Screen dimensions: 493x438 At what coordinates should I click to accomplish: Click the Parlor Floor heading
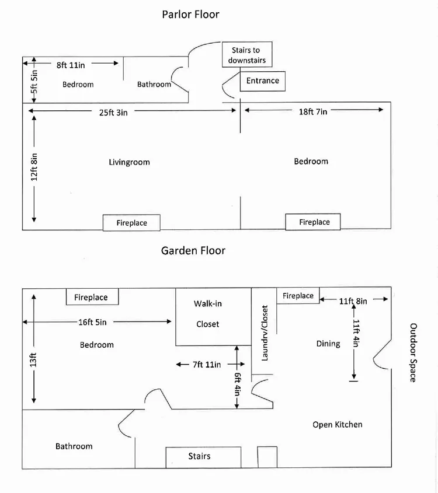[x=190, y=14]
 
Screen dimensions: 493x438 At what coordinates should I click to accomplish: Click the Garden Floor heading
[x=193, y=250]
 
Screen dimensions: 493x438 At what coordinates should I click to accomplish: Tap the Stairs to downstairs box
[x=246, y=55]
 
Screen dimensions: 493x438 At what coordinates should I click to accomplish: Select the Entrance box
[x=262, y=81]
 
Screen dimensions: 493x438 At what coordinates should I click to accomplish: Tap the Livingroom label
[x=129, y=162]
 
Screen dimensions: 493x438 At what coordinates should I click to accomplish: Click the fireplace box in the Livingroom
[x=131, y=223]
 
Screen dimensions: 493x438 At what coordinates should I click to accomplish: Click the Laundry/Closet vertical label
[x=265, y=333]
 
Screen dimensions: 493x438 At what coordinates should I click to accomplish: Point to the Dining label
[x=328, y=344]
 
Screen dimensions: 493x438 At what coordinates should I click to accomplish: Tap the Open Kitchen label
[x=337, y=424]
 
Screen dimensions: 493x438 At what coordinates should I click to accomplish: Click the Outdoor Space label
[x=413, y=352]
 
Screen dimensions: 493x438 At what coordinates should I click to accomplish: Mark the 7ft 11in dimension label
[x=206, y=365]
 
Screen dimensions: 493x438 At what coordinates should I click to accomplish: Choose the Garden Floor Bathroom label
[x=74, y=446]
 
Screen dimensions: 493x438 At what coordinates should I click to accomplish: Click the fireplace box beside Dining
[x=298, y=296]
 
